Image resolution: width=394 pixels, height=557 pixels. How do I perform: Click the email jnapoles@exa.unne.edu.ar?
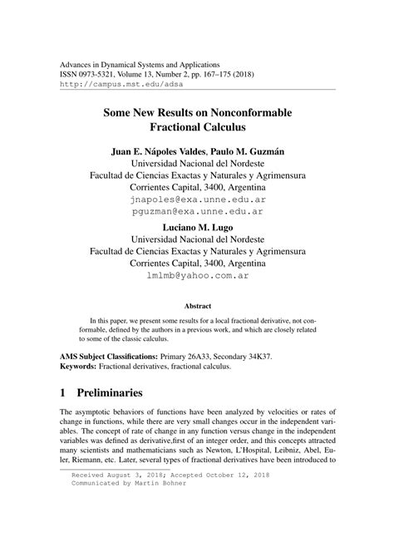point(196,200)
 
